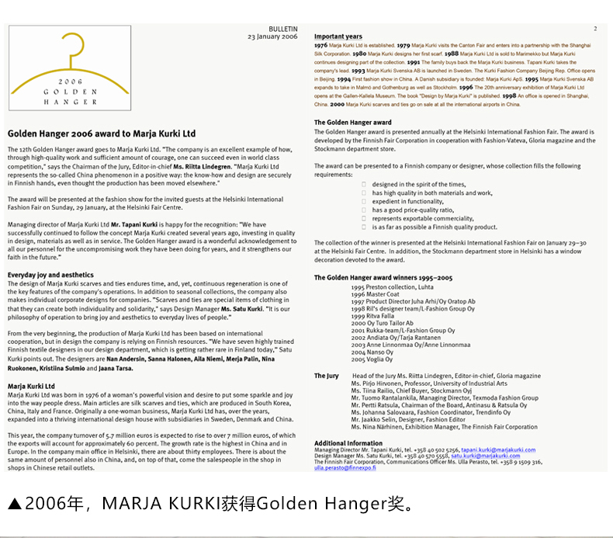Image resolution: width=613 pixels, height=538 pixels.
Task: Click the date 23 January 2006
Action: (272, 36)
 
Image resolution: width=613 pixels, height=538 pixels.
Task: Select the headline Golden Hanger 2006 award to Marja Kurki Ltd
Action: (102, 134)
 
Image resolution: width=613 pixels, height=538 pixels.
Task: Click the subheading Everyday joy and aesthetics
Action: (50, 275)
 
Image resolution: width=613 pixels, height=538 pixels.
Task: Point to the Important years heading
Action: (338, 36)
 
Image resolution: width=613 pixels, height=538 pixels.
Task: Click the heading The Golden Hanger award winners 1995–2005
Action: (383, 277)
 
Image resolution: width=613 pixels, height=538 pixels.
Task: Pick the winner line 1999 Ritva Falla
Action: (372, 316)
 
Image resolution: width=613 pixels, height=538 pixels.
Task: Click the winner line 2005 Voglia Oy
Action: (372, 359)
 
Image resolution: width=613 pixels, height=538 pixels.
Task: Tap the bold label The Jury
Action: (326, 376)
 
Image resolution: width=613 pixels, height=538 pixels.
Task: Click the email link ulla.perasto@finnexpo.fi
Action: (345, 468)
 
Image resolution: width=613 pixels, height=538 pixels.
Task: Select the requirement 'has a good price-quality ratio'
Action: (413, 210)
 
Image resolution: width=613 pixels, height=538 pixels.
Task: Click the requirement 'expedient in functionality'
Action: (407, 201)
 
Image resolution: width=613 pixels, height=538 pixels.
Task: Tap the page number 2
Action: (595, 29)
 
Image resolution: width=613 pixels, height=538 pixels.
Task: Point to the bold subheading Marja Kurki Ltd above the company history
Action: (31, 386)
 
